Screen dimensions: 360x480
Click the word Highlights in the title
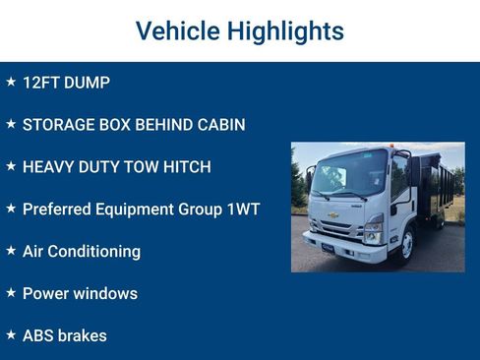click(x=285, y=31)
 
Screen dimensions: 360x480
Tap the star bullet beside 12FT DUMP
click(x=11, y=82)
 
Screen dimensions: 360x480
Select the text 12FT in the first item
click(x=40, y=83)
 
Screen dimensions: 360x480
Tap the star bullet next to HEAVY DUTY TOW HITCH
click(x=11, y=166)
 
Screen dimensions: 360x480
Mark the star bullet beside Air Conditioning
click(x=11, y=251)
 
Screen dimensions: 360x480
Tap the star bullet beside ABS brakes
click(x=11, y=334)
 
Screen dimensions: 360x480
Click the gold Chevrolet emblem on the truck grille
click(x=333, y=215)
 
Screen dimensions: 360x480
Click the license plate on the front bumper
click(x=328, y=249)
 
